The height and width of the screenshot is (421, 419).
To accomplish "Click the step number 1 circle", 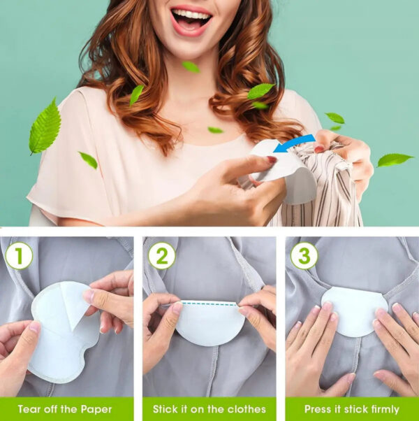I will point(19,256).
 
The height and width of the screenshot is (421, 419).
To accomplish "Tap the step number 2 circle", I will point(161,256).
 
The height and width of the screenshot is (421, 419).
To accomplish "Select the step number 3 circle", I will point(304,256).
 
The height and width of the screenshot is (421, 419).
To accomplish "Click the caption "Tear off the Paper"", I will point(66,409).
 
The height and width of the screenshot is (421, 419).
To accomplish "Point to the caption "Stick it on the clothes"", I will point(209,409).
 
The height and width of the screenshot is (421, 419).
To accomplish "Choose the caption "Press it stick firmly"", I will point(352,409).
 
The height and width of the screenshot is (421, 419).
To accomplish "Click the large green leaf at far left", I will point(45,126).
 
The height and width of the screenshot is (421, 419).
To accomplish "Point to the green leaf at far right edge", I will point(395,160).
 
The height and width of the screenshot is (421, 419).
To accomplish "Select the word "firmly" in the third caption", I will point(381,409).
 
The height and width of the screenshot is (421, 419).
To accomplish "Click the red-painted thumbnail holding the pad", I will point(271,159).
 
